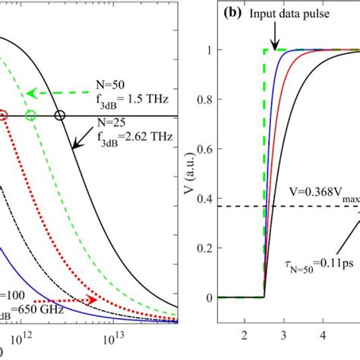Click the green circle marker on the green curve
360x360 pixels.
click(30, 115)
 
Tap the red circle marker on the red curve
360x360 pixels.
click(3, 115)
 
